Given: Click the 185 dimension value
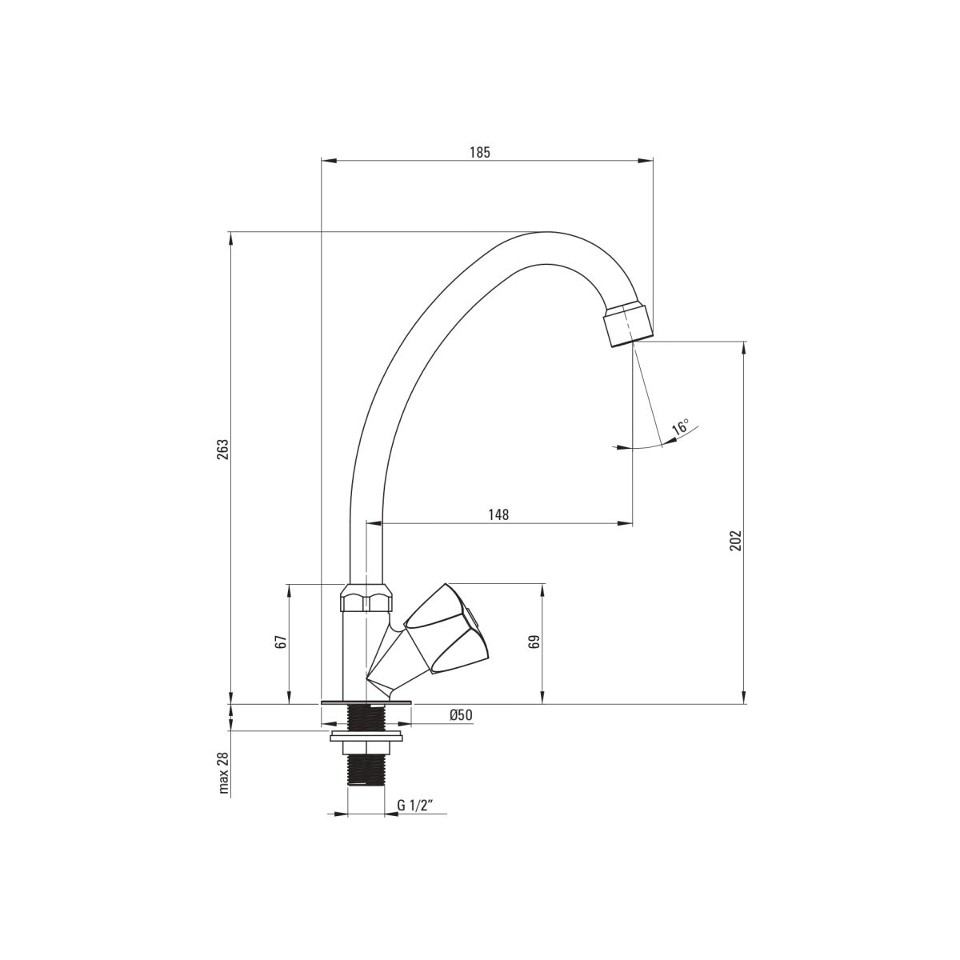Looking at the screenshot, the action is click(480, 153).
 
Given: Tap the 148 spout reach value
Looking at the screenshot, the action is click(498, 514).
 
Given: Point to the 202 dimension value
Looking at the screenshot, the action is click(736, 541).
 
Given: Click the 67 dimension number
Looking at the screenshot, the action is click(282, 642).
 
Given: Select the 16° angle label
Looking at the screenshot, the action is click(680, 427).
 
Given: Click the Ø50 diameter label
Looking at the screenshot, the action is click(460, 715).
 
